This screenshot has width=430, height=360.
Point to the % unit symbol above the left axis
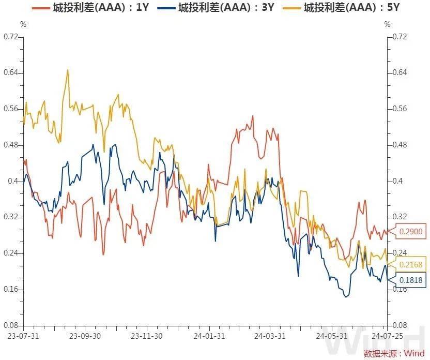pyautogui.click(x=23, y=24)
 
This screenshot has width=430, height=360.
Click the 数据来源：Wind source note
pyautogui.click(x=394, y=353)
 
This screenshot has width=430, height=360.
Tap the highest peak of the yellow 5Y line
pyautogui.click(x=68, y=70)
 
